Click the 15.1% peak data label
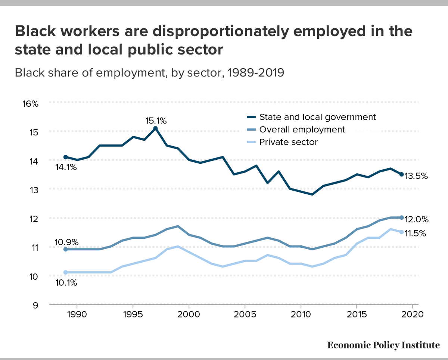(156, 120)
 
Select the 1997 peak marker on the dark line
(156, 128)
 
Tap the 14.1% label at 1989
(66, 167)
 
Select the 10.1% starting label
(66, 283)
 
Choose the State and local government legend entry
(317, 117)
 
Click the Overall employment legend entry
(302, 129)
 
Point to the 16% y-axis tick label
(30, 103)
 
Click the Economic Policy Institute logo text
(383, 345)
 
